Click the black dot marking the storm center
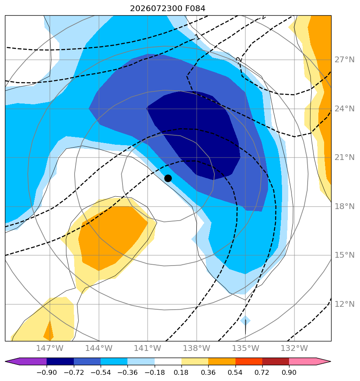tap(168, 179)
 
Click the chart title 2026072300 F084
tap(167, 9)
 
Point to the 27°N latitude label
tap(344, 60)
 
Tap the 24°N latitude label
tap(344, 108)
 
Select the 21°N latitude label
tap(344, 158)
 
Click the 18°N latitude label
tap(344, 207)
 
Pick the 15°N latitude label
tap(344, 255)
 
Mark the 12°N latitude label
tap(344, 304)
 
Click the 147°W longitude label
tap(49, 348)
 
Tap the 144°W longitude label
tap(99, 348)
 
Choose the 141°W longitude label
tap(148, 348)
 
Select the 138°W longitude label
tap(196, 348)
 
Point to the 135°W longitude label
tap(245, 348)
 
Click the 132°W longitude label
tap(294, 348)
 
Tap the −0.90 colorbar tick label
tap(47, 372)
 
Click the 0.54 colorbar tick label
tap(235, 372)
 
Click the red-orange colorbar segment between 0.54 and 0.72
tap(249, 361)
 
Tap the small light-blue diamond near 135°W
tap(245, 321)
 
